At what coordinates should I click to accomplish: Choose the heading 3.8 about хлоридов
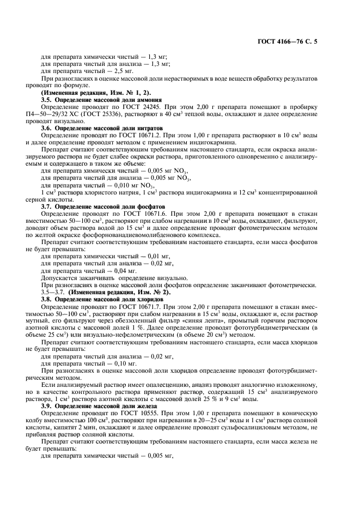103,300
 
